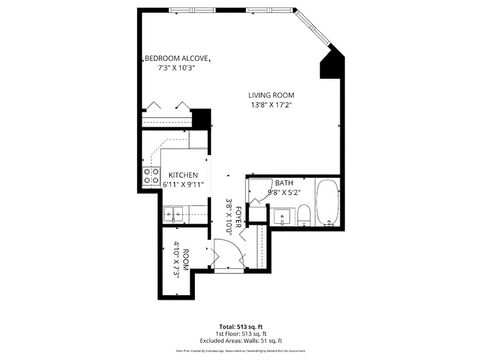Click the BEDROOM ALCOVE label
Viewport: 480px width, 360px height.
pyautogui.click(x=177, y=59)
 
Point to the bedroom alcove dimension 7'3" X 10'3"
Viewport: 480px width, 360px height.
pyautogui.click(x=177, y=69)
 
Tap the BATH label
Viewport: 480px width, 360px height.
pyautogui.click(x=284, y=183)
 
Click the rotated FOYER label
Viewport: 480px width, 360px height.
pyautogui.click(x=239, y=214)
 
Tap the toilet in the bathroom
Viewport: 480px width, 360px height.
pyautogui.click(x=303, y=214)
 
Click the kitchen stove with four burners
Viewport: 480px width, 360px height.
pyautogui.click(x=152, y=177)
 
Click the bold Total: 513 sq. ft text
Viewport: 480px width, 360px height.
pyautogui.click(x=239, y=327)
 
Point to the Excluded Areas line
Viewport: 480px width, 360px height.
pyautogui.click(x=239, y=342)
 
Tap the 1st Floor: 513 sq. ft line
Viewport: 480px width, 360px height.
pyautogui.click(x=239, y=335)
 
